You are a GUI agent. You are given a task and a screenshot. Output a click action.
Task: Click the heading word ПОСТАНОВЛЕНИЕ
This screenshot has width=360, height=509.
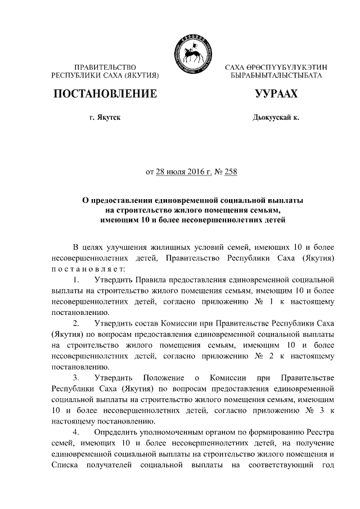(x=105, y=94)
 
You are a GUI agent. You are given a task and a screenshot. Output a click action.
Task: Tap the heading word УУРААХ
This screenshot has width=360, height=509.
(x=276, y=94)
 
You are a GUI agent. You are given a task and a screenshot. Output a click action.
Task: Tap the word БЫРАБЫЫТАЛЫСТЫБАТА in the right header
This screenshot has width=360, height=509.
(x=276, y=75)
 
